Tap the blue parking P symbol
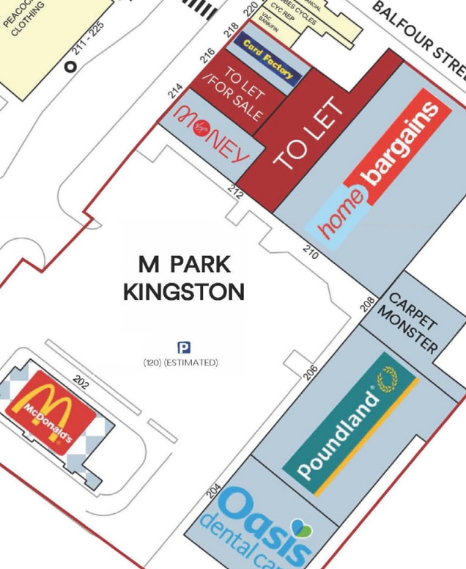point(185,348)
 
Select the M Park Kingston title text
point(184,278)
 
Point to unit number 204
point(214,490)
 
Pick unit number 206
point(312,372)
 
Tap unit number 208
point(368,304)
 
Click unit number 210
point(311,252)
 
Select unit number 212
point(235,192)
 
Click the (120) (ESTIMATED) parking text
point(181,362)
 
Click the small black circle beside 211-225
point(71,66)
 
